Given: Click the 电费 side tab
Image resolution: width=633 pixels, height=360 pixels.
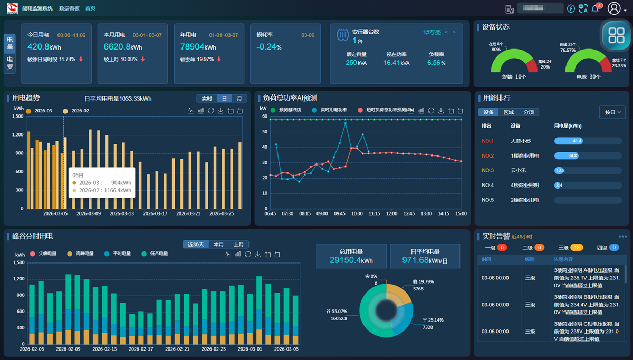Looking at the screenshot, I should [10, 63].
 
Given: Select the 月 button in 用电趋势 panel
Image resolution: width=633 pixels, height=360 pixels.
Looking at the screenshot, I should [239, 99].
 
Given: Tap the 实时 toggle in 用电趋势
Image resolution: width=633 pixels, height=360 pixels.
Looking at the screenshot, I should [207, 99].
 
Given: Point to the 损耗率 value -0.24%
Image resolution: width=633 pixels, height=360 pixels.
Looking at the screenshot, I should [268, 47].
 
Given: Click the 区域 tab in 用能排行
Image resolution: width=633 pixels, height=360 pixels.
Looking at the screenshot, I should [509, 112].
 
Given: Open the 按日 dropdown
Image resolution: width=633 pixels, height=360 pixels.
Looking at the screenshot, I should [612, 112].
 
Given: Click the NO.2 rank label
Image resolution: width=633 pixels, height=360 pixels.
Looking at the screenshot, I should [487, 156].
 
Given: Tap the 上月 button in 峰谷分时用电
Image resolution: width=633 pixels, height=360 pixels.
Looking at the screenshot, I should [239, 245].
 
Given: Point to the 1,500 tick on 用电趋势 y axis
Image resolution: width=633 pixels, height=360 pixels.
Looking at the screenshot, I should [17, 116].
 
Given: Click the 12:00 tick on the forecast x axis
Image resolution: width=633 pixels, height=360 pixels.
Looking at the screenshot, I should [391, 213].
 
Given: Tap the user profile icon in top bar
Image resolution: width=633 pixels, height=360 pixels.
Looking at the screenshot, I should [614, 8].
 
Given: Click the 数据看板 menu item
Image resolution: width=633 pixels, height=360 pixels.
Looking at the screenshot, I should [69, 8].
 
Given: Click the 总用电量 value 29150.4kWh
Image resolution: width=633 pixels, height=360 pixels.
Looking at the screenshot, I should [351, 260].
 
